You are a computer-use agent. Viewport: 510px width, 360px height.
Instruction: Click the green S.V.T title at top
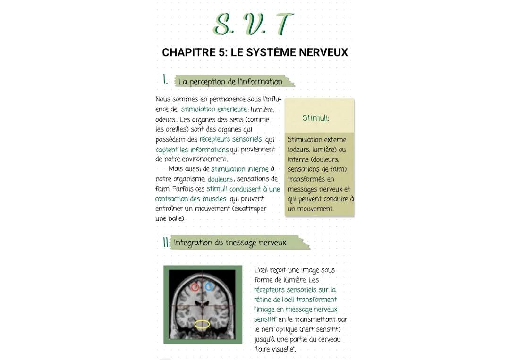coord(253,24)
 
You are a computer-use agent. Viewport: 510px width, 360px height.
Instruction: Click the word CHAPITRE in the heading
coord(188,52)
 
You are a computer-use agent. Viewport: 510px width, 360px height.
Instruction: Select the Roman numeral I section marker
coord(165,80)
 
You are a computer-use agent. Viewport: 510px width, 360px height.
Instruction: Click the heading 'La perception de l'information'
coord(230,82)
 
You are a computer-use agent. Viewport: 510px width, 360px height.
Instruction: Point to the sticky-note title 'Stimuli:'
coord(316,118)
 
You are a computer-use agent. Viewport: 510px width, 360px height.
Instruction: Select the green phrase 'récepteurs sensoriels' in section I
coord(230,139)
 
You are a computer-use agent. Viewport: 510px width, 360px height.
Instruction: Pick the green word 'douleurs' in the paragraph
coord(220,179)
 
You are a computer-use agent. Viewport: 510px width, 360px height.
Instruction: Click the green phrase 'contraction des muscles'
coord(191,199)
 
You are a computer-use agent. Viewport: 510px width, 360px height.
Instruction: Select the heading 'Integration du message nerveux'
coord(230,243)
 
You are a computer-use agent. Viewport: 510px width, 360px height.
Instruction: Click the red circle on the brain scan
coord(195,286)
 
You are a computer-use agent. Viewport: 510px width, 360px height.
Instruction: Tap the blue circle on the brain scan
coord(209,286)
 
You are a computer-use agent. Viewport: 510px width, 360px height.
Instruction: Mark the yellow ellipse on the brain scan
coord(202,324)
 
